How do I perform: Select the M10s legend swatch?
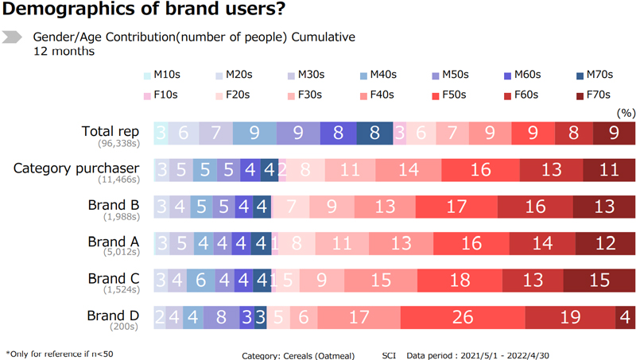click(148, 75)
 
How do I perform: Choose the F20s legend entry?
click(220, 95)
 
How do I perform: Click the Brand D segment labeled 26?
click(462, 316)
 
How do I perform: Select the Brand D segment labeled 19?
click(569, 316)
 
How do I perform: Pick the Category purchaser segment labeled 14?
click(409, 170)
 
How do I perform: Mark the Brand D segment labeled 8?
click(221, 316)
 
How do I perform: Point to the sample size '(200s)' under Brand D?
click(126, 327)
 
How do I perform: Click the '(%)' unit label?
click(626, 113)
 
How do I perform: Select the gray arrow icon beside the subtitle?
click(13, 37)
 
